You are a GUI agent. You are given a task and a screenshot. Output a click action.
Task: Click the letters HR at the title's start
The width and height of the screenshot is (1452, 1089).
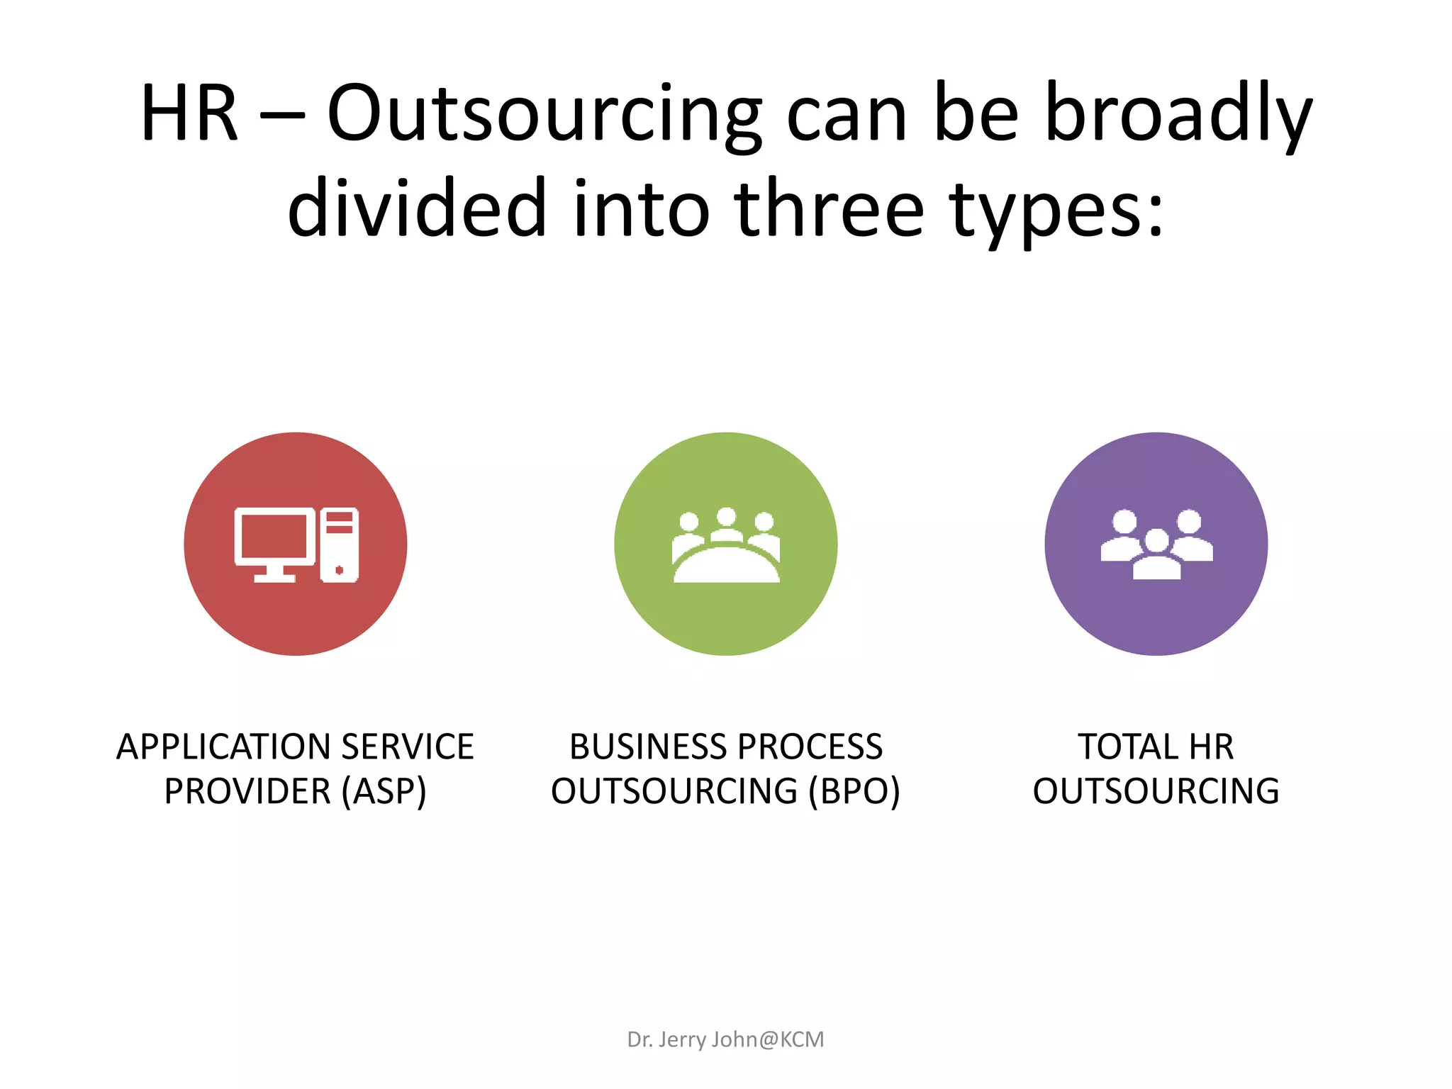pos(189,113)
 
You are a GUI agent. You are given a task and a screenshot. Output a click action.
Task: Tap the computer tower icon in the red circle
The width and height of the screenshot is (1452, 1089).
pos(340,544)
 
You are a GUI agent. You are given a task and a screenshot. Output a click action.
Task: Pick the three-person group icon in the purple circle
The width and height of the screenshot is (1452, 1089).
pos(1156,544)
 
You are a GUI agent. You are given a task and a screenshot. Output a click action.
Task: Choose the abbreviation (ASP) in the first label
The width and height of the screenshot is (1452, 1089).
pos(384,792)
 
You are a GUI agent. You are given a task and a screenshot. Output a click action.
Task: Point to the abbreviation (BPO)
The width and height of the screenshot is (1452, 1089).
pos(854,792)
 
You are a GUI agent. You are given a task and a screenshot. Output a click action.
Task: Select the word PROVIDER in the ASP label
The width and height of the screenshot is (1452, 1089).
pos(247,792)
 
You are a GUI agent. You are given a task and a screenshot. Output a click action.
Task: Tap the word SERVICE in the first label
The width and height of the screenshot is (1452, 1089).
pos(407,747)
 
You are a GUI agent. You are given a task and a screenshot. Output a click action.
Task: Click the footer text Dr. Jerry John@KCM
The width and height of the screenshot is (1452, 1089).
pos(725,1039)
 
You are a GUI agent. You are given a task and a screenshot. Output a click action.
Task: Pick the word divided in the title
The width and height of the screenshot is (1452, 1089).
pos(417,209)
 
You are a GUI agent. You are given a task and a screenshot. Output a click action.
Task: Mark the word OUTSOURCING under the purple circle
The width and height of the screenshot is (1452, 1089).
pos(1156,792)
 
